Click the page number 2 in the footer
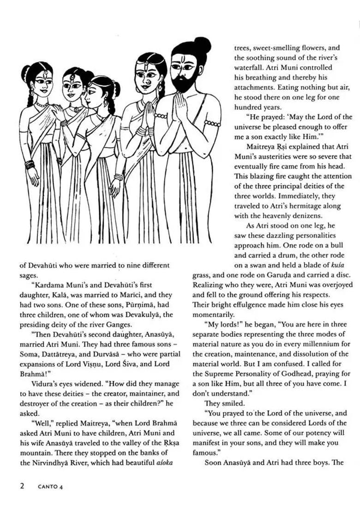point(22,486)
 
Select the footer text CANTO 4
point(50,487)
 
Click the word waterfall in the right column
point(249,67)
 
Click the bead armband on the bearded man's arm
point(212,123)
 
